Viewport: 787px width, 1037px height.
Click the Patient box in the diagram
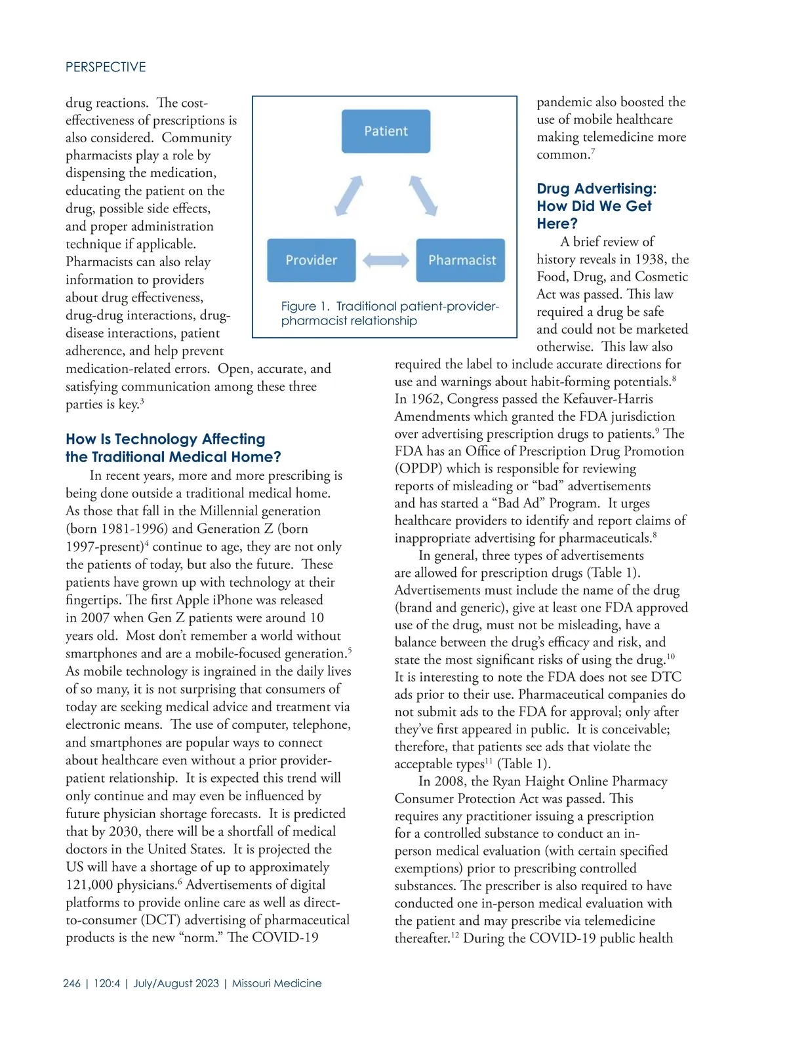386,131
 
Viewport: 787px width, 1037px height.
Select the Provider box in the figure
312,260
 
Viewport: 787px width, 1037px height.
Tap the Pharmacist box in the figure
461,260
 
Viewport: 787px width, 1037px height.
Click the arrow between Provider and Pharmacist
386,260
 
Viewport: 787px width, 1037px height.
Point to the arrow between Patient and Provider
349,195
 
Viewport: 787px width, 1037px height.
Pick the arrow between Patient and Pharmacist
423,195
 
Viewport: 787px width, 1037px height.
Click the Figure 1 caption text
390,313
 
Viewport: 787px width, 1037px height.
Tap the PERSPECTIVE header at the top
106,67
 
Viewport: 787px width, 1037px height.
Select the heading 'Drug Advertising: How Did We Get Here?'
595,206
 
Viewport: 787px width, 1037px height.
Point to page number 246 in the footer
72,983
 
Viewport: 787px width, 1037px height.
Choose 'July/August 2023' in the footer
176,983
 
